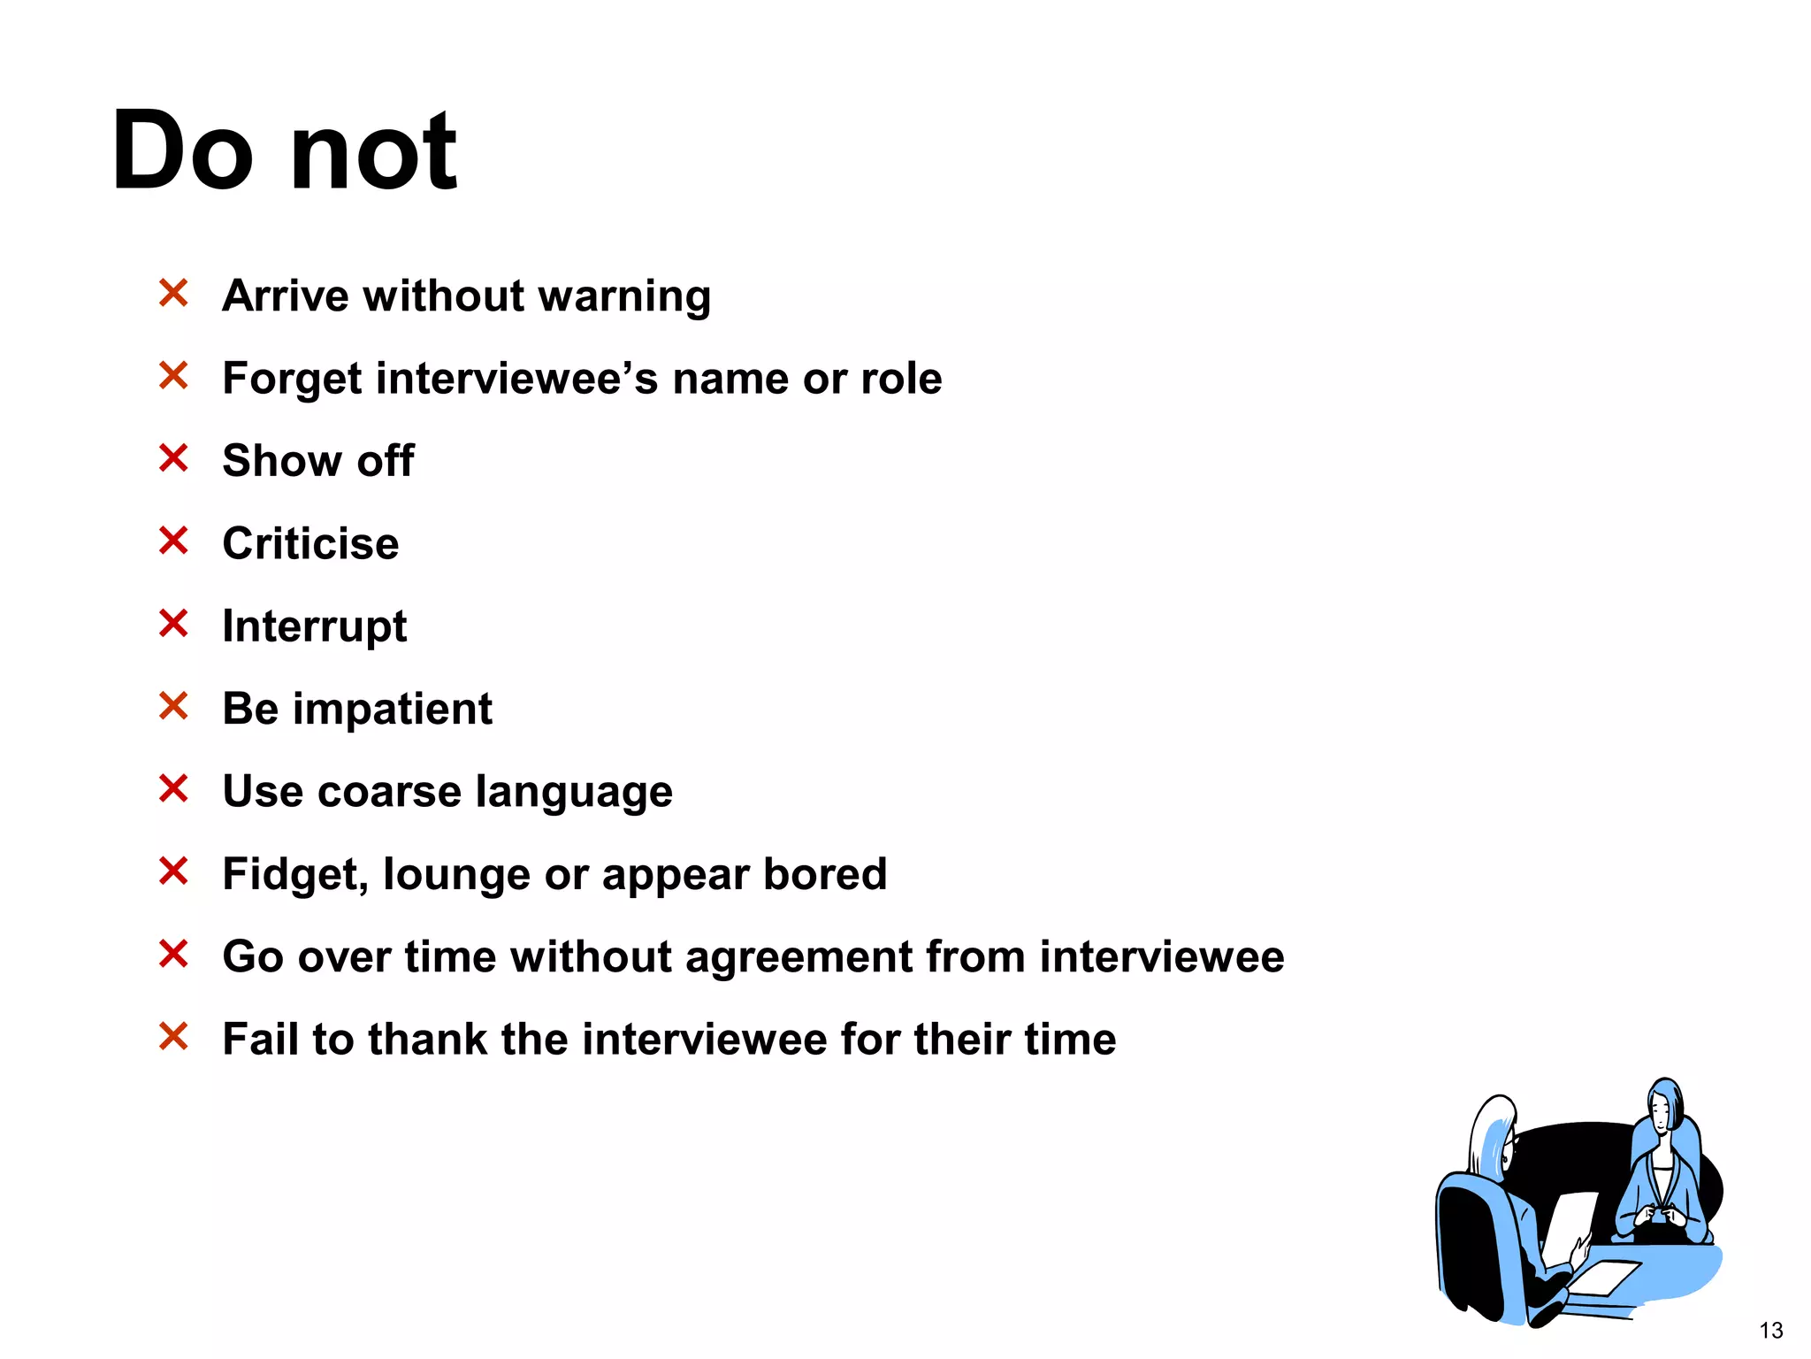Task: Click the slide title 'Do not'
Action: click(284, 150)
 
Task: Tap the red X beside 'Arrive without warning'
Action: click(173, 293)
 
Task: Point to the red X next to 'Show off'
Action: click(173, 458)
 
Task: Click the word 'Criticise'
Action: click(310, 543)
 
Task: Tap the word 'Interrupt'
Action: click(314, 626)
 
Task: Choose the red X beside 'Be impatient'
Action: click(173, 706)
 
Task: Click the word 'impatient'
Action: click(392, 709)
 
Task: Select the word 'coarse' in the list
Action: click(388, 791)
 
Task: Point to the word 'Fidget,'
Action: click(294, 875)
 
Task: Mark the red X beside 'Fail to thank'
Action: click(173, 1036)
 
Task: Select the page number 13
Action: click(1770, 1331)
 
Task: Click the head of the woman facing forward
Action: click(1664, 1106)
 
